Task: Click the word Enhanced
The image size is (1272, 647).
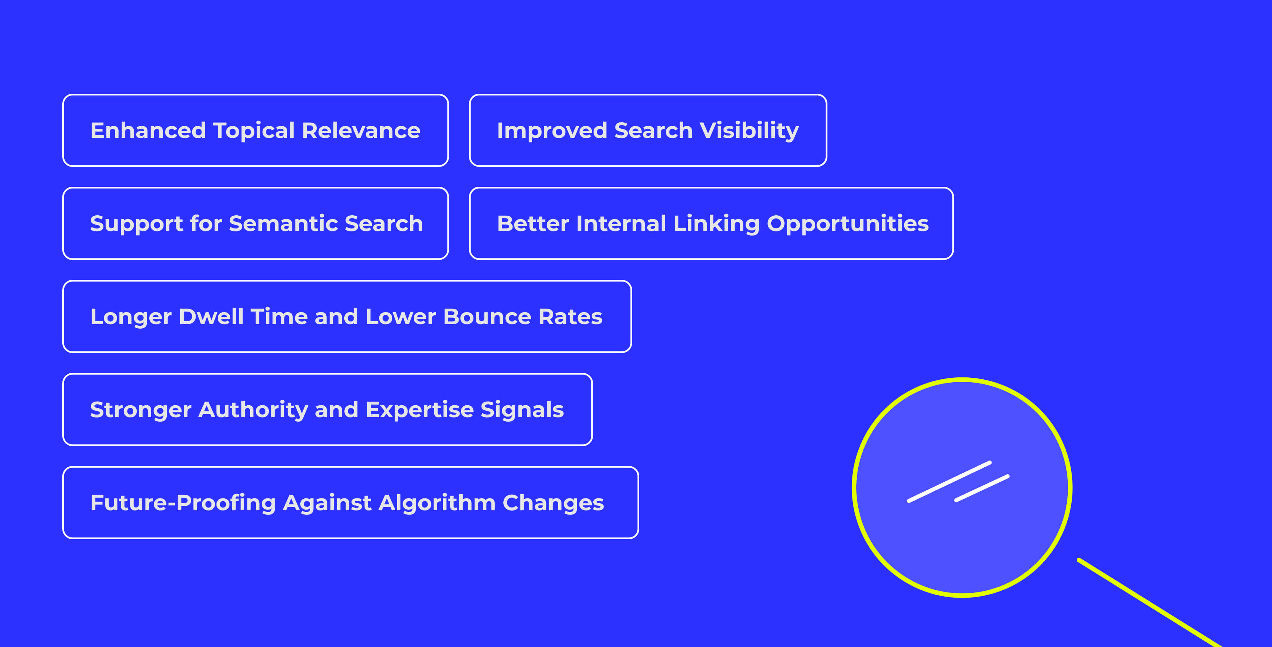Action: pyautogui.click(x=148, y=131)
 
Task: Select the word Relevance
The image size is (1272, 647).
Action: pyautogui.click(x=361, y=131)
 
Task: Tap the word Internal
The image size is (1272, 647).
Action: pyautogui.click(x=621, y=224)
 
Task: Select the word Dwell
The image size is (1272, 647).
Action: pyautogui.click(x=211, y=317)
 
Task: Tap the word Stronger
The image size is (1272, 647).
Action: pyautogui.click(x=141, y=410)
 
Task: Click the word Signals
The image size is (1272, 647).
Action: pyautogui.click(x=522, y=410)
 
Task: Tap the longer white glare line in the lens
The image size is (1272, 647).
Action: pyautogui.click(x=949, y=482)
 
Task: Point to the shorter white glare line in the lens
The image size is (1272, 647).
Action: pyautogui.click(x=982, y=488)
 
